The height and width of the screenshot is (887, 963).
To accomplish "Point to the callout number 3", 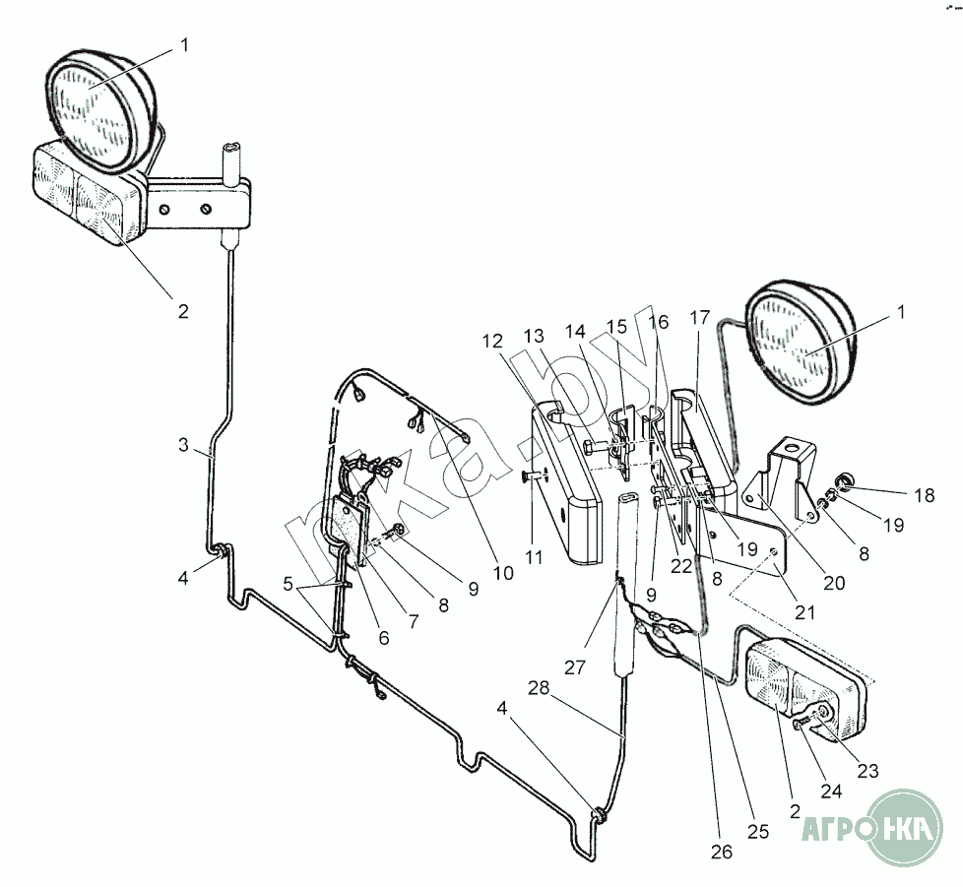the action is tap(183, 445).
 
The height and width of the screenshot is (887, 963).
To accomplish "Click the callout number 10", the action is tap(503, 572).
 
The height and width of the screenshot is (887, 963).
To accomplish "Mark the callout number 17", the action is tap(700, 318).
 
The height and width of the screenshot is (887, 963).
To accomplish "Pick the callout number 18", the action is tap(924, 495).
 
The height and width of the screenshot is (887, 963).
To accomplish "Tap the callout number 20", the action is tap(835, 583).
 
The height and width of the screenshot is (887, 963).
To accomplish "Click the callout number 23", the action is tap(867, 771).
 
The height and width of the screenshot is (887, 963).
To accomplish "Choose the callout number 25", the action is tap(757, 832).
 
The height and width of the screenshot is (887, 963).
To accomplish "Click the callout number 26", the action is tap(722, 852).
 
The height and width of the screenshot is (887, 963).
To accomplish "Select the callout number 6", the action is tap(383, 638).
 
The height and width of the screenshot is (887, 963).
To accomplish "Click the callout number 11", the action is tap(533, 557).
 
